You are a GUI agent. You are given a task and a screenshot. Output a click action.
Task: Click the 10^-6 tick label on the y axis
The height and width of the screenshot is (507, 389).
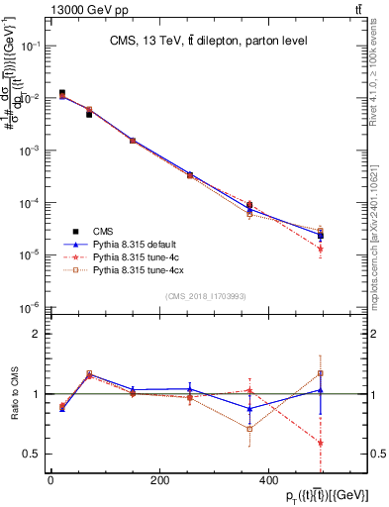click(x=31, y=307)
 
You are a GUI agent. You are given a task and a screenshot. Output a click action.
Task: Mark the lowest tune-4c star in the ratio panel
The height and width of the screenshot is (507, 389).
click(x=321, y=443)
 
